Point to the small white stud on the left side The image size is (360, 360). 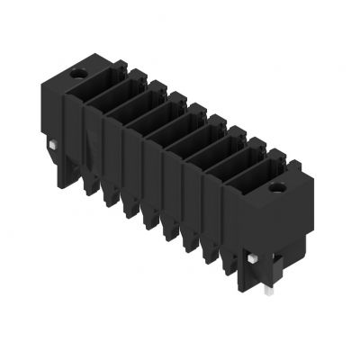coord(54,146)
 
